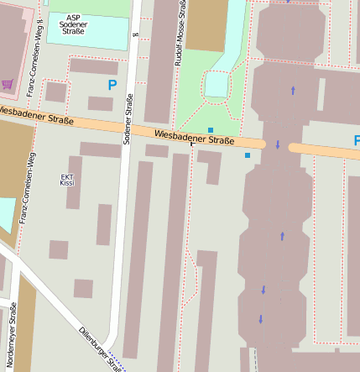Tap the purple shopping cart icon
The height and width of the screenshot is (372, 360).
[x=8, y=84]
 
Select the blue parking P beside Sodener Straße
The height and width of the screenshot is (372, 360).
[x=112, y=85]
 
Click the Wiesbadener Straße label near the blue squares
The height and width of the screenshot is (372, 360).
[x=194, y=138]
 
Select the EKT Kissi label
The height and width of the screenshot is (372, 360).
[x=68, y=180]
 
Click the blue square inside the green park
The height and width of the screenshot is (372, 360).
[x=211, y=129]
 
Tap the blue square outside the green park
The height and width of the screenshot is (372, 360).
[x=247, y=155]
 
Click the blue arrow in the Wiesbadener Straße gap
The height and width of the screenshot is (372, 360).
[x=278, y=145]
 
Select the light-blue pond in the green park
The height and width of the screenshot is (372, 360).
[x=217, y=84]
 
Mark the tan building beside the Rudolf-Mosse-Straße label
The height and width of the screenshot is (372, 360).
[x=206, y=24]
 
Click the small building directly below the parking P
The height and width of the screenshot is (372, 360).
[x=100, y=103]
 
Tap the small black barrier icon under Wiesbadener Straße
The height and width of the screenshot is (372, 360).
[x=191, y=144]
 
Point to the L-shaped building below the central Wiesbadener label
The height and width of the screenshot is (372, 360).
[x=211, y=164]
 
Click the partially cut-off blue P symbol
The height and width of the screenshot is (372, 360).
[x=356, y=140]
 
